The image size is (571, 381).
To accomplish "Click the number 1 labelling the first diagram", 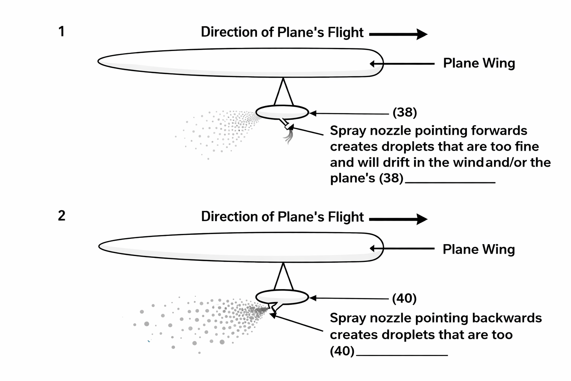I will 62,32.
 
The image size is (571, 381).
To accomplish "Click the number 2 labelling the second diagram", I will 62,216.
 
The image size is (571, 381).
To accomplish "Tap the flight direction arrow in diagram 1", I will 398,34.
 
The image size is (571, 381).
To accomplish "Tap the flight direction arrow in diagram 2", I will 398,219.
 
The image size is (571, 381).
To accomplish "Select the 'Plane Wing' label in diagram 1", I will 479,63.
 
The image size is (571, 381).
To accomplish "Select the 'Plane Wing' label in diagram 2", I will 478,249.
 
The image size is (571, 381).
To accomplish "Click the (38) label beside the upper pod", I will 405,112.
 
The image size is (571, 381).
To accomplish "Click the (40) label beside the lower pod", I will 404,298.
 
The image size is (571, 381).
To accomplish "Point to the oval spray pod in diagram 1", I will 282,112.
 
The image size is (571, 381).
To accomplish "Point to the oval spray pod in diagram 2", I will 282,297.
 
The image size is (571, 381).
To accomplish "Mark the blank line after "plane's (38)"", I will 450,182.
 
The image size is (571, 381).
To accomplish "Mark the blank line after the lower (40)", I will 402,355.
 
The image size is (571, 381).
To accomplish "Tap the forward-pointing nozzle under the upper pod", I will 286,124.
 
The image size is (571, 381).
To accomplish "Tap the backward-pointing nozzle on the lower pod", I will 273,307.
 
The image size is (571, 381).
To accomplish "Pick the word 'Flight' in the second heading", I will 345,217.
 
